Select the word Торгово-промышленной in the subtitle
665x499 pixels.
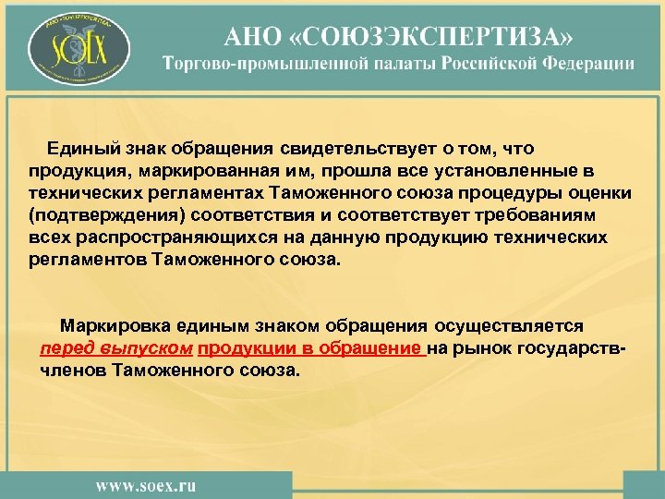[254, 64]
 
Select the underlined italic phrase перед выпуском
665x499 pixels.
[116, 348]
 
